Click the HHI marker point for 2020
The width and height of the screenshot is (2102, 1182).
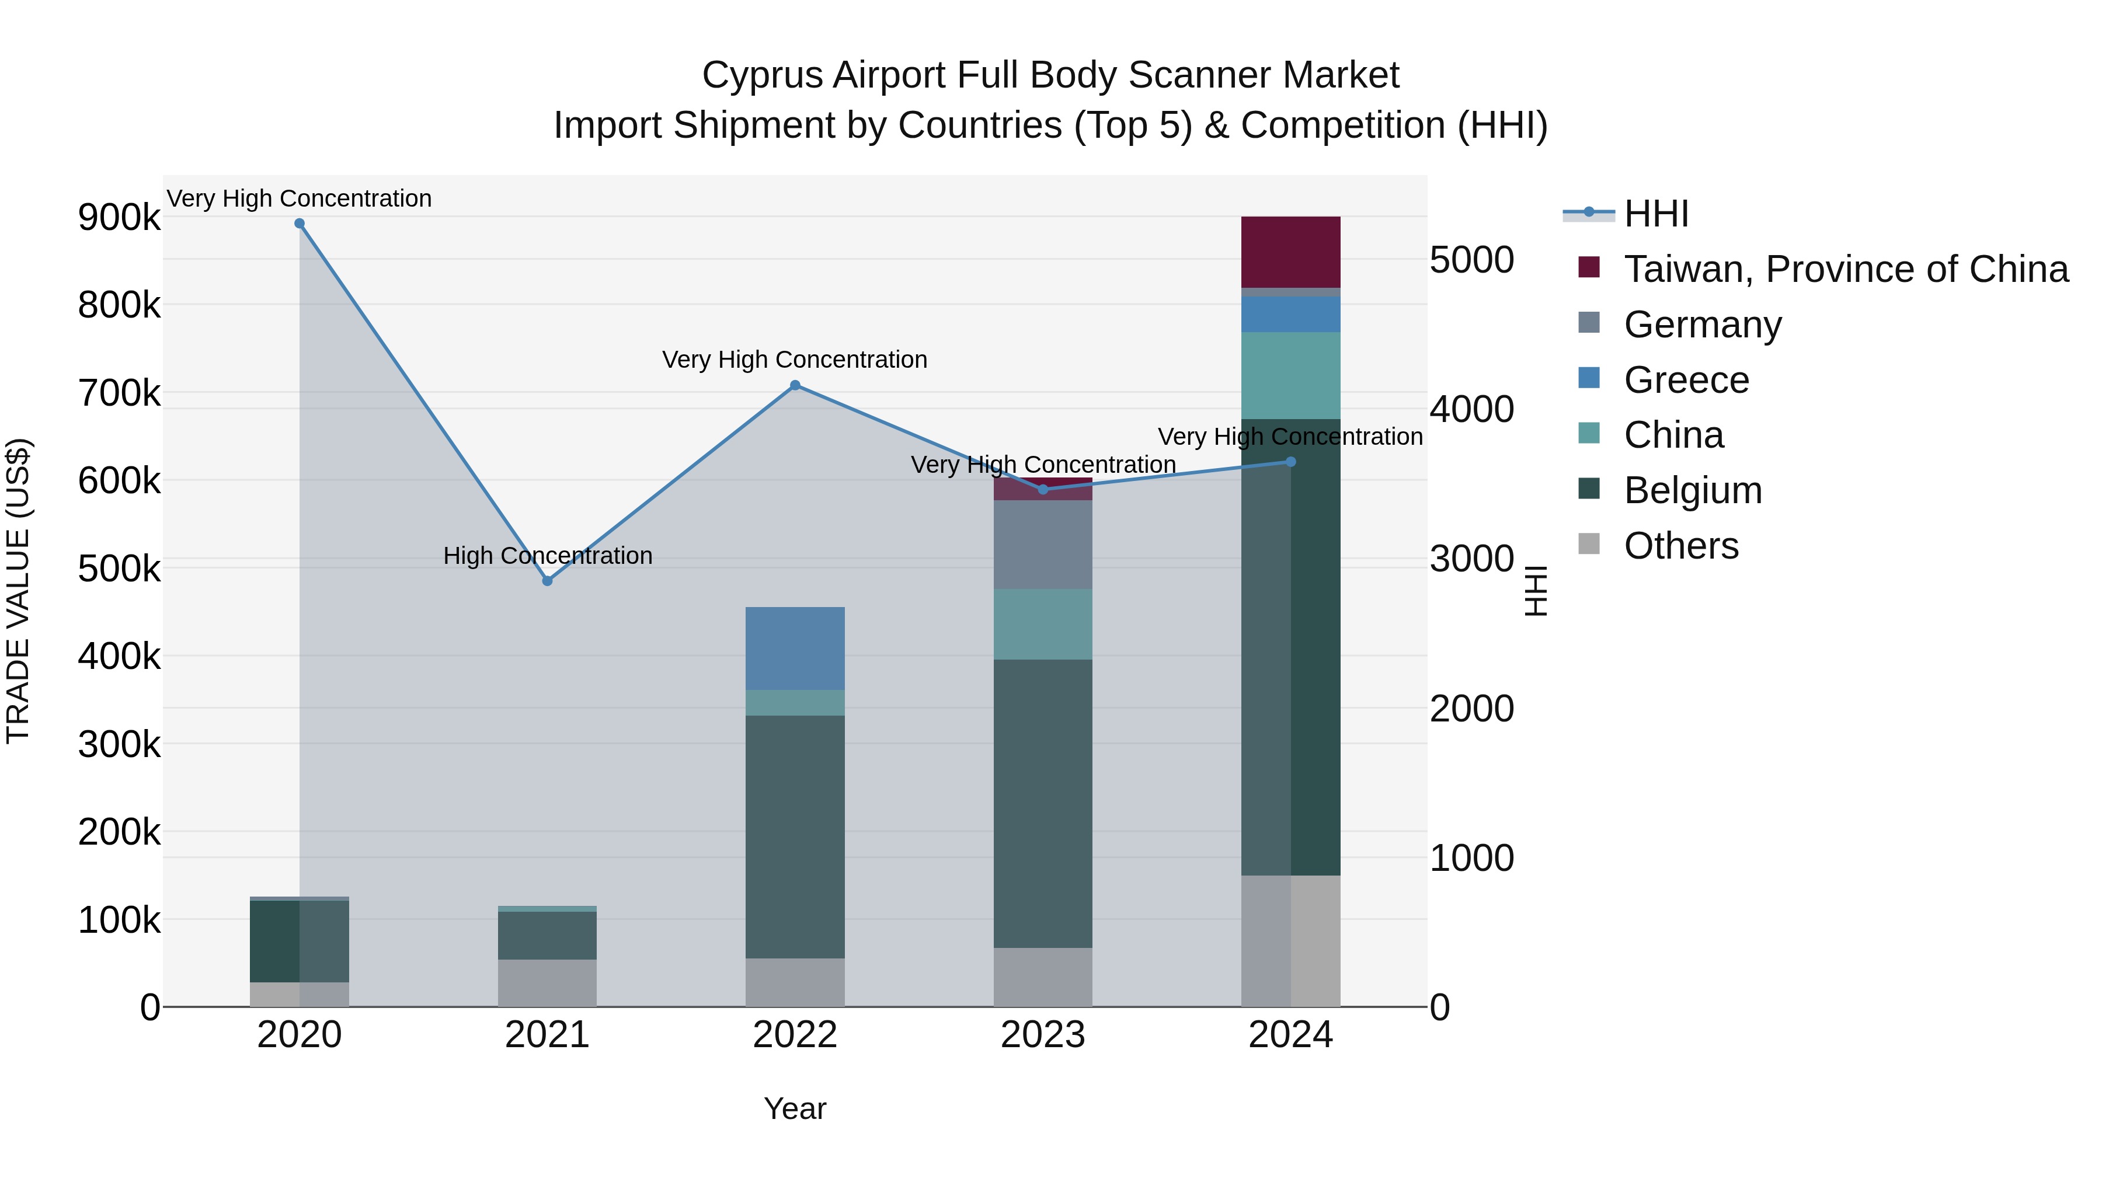(x=300, y=224)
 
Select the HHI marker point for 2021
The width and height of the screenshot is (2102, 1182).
(x=548, y=581)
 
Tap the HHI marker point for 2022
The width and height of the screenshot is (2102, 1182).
(x=796, y=386)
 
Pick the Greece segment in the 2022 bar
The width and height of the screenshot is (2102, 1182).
(x=796, y=648)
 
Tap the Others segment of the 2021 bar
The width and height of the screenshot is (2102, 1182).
(x=548, y=983)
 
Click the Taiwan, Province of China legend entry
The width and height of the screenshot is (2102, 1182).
(x=1845, y=269)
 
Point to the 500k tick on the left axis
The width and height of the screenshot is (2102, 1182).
(x=119, y=569)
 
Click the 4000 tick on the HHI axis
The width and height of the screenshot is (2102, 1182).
(x=1472, y=410)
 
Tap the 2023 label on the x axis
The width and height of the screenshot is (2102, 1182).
(x=1043, y=1035)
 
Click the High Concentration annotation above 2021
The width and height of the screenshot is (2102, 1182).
(x=548, y=556)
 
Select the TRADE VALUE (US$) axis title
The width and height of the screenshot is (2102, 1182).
(x=19, y=591)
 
